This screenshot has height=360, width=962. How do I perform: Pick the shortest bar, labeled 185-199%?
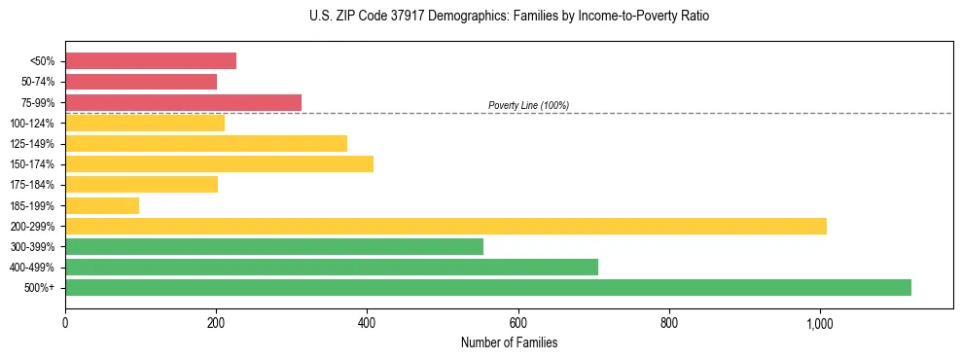[x=102, y=205]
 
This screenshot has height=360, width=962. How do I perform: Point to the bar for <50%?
[x=151, y=61]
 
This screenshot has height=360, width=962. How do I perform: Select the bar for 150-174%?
[x=219, y=163]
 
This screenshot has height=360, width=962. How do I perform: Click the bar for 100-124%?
[x=145, y=123]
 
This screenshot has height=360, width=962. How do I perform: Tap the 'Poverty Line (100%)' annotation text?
[x=528, y=105]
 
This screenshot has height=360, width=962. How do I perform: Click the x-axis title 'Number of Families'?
[x=509, y=342]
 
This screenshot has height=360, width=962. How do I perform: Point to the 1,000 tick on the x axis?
[x=819, y=322]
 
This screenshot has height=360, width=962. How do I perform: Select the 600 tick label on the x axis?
[x=517, y=322]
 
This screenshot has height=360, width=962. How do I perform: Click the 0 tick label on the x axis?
[x=65, y=322]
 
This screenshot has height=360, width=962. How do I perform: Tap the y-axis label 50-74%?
[x=38, y=82]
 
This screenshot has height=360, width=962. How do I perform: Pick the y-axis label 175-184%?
[x=33, y=185]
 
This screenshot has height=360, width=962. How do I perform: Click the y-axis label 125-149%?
[x=33, y=144]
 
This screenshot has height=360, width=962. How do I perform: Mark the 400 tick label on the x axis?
[x=367, y=322]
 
